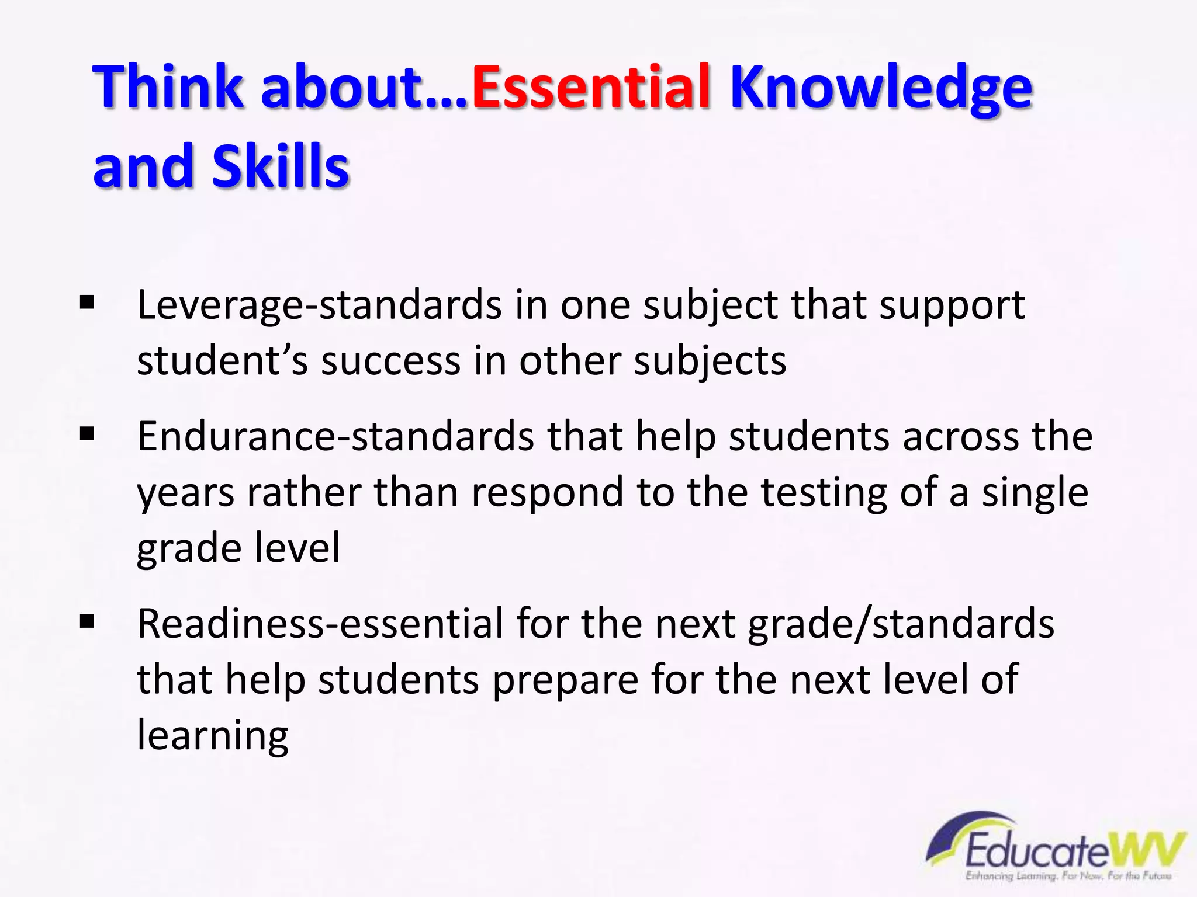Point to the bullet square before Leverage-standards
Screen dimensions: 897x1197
[87, 303]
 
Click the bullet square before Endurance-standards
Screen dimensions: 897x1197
[87, 434]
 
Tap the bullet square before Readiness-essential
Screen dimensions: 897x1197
[87, 621]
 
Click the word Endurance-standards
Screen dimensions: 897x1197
[335, 436]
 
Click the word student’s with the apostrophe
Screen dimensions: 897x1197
[222, 360]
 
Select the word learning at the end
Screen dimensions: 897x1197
[213, 736]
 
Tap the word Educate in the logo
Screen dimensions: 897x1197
[1036, 851]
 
